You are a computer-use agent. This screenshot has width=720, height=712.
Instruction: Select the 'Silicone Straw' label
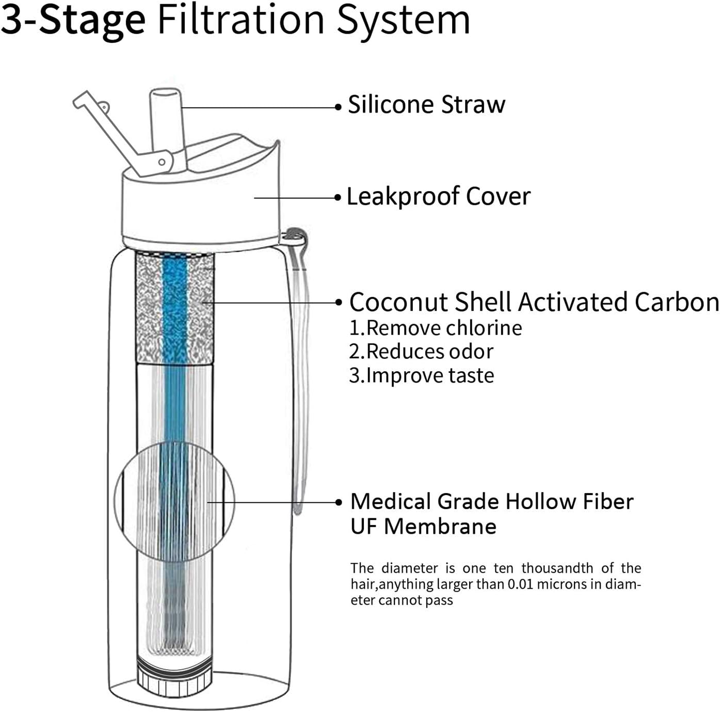[426, 104]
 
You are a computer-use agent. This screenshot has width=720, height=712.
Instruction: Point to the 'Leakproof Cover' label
[438, 196]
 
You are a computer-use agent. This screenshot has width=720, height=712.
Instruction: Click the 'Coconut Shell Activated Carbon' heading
[534, 302]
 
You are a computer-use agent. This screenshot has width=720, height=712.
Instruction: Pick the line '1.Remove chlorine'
[436, 328]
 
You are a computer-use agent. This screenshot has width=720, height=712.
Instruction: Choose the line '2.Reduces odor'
[421, 352]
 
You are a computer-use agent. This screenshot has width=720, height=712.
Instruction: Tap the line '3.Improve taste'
[421, 375]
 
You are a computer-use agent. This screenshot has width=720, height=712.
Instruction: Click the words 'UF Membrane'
[423, 526]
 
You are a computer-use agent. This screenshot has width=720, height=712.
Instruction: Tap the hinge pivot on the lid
[162, 162]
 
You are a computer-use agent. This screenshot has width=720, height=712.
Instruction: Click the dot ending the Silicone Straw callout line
[338, 107]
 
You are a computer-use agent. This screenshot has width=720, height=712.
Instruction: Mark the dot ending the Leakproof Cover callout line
[338, 197]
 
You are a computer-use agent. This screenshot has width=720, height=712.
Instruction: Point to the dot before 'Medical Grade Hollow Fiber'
[339, 502]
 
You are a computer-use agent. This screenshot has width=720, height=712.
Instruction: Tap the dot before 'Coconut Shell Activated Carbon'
[339, 303]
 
